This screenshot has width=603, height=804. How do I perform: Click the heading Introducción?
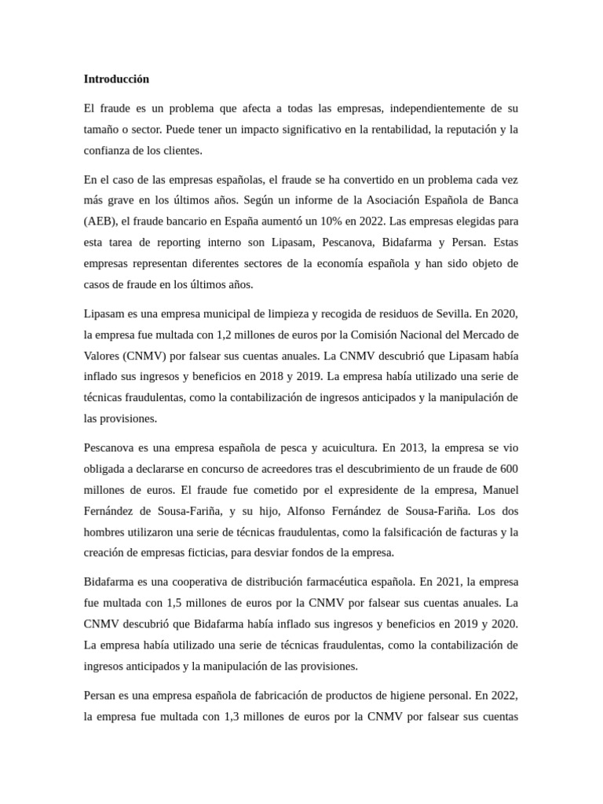click(x=116, y=79)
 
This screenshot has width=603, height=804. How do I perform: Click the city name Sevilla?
click(x=451, y=313)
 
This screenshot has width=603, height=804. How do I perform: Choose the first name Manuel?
click(x=498, y=490)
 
